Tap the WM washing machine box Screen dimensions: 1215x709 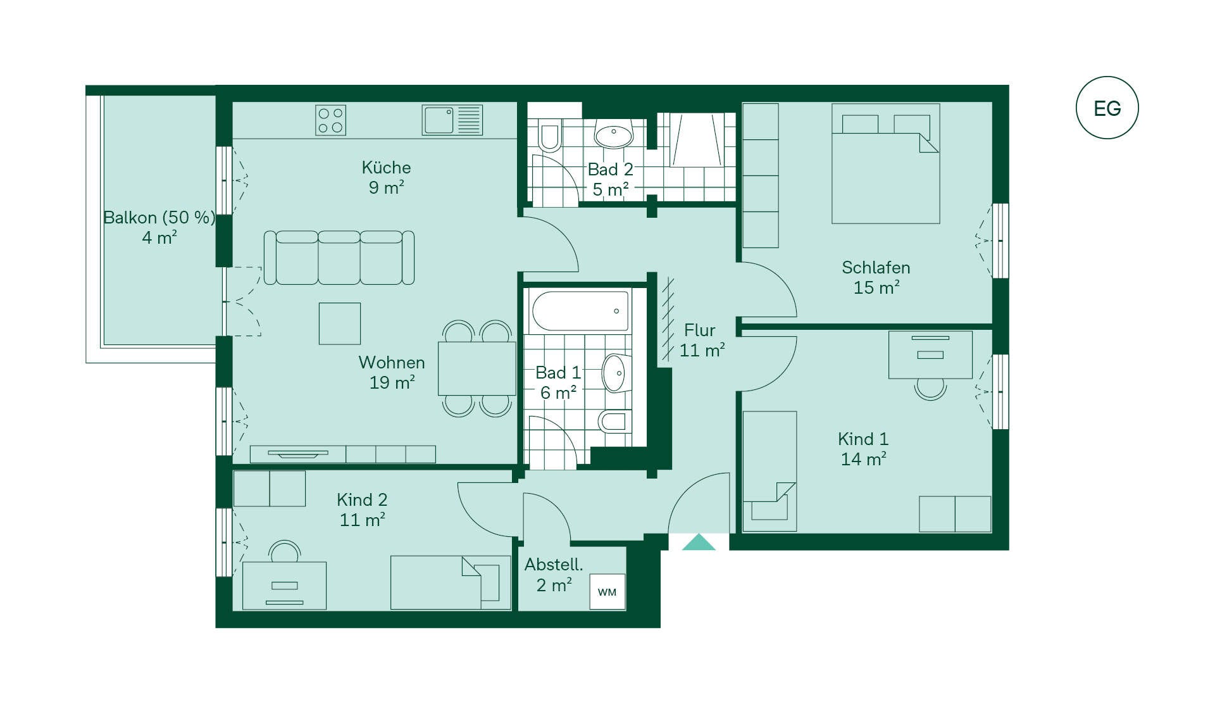point(607,592)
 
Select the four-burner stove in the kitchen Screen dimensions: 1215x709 point(330,120)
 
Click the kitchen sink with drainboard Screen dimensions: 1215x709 point(452,120)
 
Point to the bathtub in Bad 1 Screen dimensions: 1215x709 point(580,311)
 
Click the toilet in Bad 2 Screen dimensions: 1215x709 point(549,134)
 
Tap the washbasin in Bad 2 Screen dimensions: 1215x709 point(613,134)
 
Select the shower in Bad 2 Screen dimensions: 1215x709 point(696,140)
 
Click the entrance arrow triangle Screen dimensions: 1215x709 point(699,542)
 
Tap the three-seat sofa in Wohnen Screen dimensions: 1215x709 point(339,258)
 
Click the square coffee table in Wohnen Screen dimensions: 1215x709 point(340,323)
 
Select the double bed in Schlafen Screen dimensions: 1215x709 point(885,164)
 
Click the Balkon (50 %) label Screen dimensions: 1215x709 point(159,218)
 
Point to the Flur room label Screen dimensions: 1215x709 point(699,330)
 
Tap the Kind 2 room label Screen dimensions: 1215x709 point(362,500)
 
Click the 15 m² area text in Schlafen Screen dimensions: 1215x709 point(876,287)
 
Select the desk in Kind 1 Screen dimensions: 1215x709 point(930,354)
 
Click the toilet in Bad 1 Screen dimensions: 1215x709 point(614,420)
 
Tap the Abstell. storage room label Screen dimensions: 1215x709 point(554,565)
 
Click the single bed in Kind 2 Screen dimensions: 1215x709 point(451,582)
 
